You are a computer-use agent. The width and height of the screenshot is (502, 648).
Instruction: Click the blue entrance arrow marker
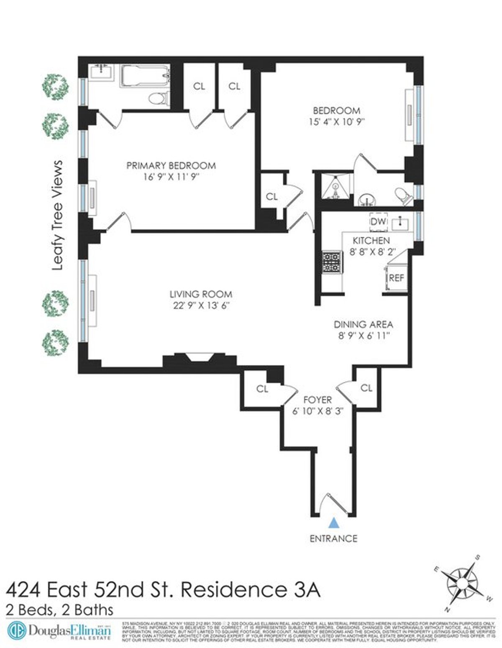tap(333, 522)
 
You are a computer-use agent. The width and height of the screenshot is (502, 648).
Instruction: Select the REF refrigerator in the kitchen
tap(396, 278)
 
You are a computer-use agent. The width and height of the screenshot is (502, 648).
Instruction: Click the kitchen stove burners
tap(332, 262)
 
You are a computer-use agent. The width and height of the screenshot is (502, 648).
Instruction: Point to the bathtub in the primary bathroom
tap(145, 76)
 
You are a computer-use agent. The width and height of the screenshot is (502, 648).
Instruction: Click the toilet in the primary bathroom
tap(158, 99)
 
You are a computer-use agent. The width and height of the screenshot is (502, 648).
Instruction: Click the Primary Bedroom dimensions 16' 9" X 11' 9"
tap(171, 177)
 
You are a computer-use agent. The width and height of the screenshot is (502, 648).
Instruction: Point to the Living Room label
tap(201, 294)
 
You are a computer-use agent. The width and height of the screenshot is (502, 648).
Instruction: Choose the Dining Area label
tap(363, 324)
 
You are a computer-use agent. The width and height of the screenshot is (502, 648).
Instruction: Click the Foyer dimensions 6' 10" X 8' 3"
tap(318, 411)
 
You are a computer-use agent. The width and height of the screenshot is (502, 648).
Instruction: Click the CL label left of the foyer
tap(262, 389)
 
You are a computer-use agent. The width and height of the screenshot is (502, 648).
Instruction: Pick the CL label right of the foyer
tap(366, 388)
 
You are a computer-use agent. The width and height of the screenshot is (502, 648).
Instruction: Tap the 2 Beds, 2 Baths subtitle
tap(60, 610)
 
